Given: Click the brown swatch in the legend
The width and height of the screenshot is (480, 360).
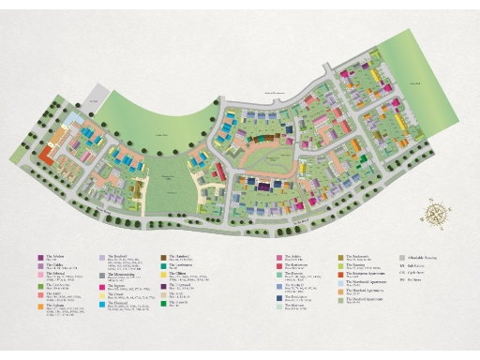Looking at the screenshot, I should [x=163, y=256].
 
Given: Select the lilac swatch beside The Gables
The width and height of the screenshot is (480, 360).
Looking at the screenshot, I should [x=40, y=266].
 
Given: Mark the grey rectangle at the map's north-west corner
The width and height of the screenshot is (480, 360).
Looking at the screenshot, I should [x=94, y=98].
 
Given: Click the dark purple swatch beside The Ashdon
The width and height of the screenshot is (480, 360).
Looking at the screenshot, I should [x=40, y=256].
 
